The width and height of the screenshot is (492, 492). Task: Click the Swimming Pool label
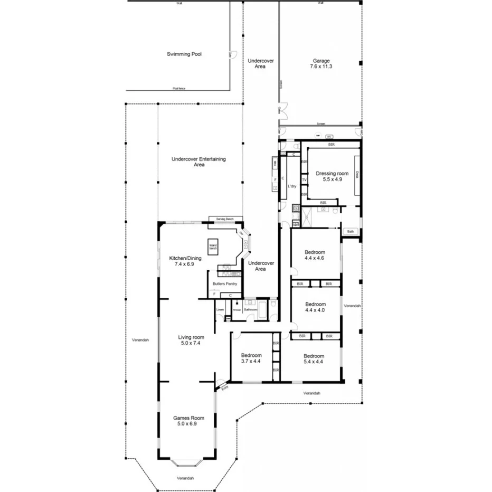click(x=184, y=54)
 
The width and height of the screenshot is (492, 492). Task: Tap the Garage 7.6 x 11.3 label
click(x=321, y=64)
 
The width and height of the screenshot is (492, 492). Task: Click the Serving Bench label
click(x=225, y=219)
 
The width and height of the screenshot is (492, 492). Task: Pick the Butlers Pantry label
click(x=224, y=284)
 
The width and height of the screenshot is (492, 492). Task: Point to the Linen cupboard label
click(x=220, y=309)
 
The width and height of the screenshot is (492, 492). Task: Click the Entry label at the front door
click(x=225, y=389)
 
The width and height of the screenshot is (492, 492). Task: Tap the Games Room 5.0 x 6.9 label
click(x=188, y=421)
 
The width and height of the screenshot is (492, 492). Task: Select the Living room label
click(x=191, y=340)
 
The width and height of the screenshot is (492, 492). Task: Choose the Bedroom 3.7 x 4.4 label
click(x=251, y=358)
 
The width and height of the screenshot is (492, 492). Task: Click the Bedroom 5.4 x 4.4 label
click(x=314, y=358)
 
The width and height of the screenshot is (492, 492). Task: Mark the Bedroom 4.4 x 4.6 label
click(x=314, y=255)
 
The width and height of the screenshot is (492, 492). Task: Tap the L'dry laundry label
click(x=292, y=186)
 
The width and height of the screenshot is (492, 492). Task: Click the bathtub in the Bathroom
click(x=263, y=310)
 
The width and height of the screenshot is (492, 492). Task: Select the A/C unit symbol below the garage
click(x=328, y=136)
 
